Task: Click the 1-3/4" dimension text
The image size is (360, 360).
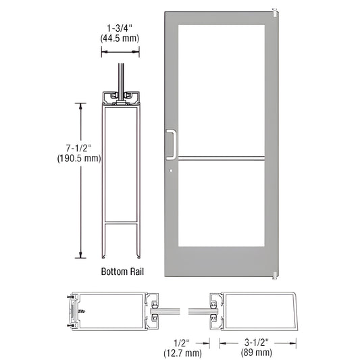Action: (122, 28)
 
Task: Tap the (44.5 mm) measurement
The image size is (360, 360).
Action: (122, 38)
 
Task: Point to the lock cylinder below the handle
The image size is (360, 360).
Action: (172, 170)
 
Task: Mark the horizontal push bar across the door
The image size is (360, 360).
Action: (220, 159)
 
